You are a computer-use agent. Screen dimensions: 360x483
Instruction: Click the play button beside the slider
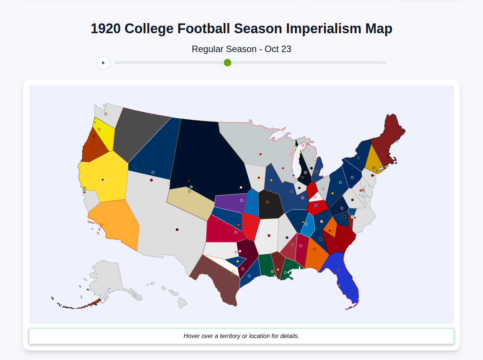click(x=103, y=63)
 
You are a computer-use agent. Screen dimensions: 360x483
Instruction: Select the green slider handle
click(x=227, y=63)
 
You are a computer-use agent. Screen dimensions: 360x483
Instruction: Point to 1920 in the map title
click(x=106, y=29)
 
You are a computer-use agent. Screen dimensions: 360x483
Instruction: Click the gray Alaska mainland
click(x=106, y=279)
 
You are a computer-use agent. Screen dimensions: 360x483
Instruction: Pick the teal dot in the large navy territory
click(x=191, y=187)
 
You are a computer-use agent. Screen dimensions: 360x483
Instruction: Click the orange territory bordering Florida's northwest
click(x=315, y=255)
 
